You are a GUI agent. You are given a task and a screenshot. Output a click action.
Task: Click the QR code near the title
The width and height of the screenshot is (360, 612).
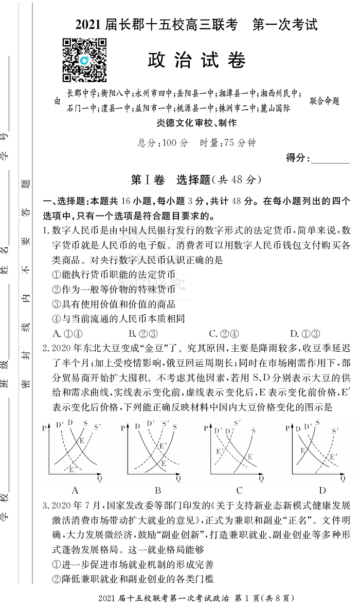[84, 60]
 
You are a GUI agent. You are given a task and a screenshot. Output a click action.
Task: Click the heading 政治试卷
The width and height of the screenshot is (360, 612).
[197, 61]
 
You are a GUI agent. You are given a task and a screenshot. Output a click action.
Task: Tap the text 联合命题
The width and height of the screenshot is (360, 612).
[325, 101]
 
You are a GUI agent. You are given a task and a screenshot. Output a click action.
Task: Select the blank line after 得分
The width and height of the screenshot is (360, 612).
[331, 158]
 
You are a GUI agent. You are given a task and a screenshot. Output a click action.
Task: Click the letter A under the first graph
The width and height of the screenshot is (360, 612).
[75, 490]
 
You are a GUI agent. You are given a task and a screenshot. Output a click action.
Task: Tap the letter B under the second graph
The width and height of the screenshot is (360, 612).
[158, 490]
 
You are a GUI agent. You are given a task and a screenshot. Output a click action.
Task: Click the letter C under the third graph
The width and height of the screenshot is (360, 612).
[240, 490]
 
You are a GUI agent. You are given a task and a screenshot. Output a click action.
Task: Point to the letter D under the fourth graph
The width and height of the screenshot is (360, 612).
[322, 490]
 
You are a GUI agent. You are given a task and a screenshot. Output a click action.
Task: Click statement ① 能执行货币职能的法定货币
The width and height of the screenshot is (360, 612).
[114, 275]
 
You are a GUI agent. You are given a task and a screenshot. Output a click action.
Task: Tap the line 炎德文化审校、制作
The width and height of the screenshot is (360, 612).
[197, 123]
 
